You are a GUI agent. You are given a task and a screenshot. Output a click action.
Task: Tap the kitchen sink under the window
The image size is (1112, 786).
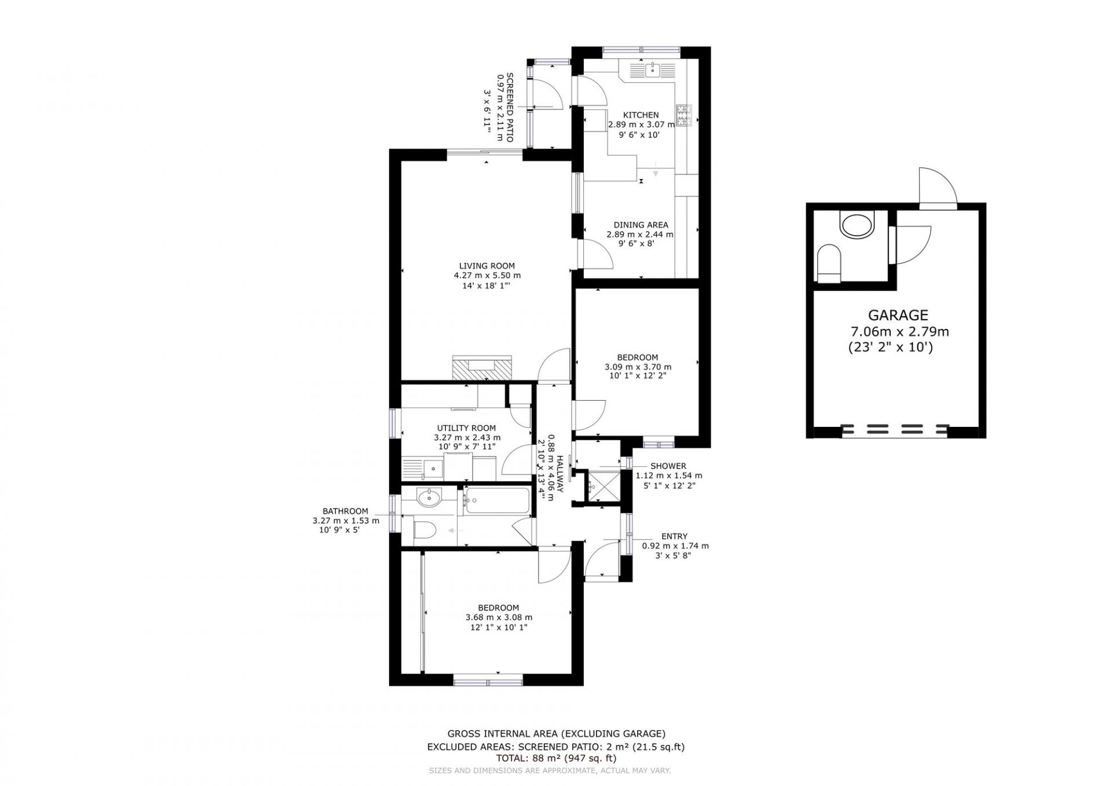tap(653, 70)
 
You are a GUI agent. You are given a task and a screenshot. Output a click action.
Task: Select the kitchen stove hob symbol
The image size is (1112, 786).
tap(684, 115)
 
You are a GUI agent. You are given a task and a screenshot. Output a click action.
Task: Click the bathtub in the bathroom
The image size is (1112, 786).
tap(496, 501)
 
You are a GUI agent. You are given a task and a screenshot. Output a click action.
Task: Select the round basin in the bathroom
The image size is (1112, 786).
tap(429, 498)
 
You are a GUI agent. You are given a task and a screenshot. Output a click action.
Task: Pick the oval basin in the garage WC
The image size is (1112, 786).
tap(857, 225)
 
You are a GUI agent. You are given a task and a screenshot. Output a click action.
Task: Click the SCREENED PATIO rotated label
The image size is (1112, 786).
tap(510, 108)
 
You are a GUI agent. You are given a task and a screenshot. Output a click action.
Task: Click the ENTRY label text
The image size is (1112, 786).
tap(675, 536)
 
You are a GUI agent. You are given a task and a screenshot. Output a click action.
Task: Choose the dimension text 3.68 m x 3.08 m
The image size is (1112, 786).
tap(499, 617)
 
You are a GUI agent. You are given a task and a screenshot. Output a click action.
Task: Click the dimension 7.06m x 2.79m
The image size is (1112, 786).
tap(899, 332)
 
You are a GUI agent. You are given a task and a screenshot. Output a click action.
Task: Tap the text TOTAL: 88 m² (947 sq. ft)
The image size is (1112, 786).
tap(555, 758)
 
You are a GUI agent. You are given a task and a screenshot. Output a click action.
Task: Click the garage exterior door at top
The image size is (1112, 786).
tap(938, 188)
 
